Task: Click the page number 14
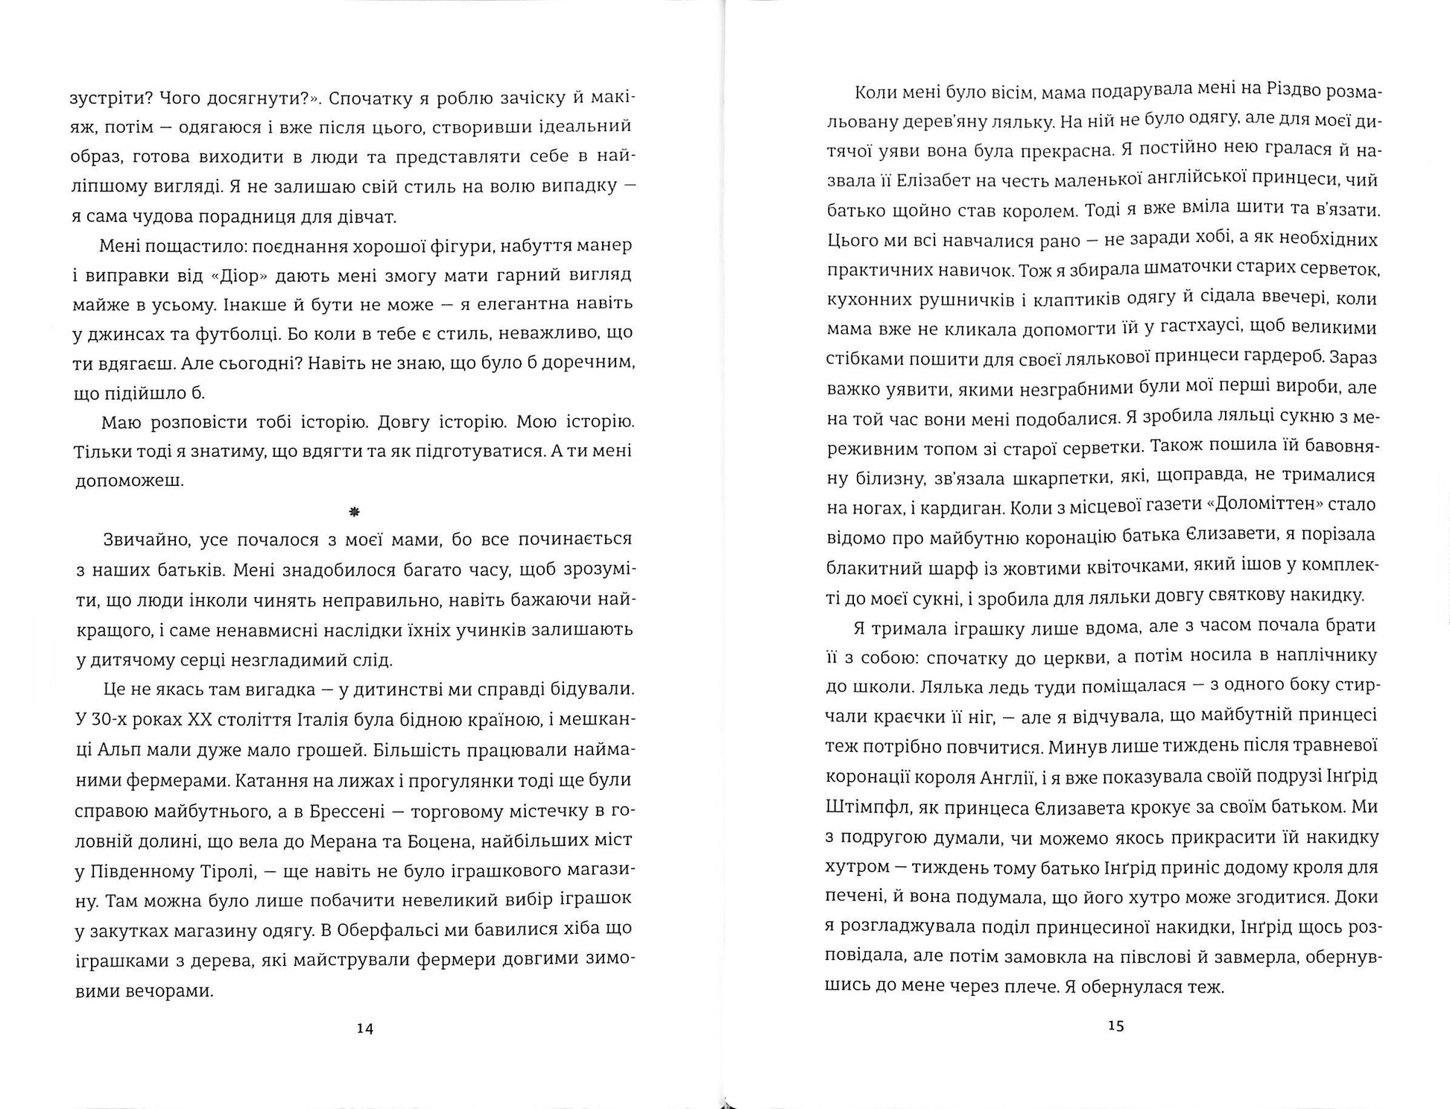(364, 1029)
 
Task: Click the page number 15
(1115, 1026)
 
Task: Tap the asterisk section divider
(353, 511)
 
